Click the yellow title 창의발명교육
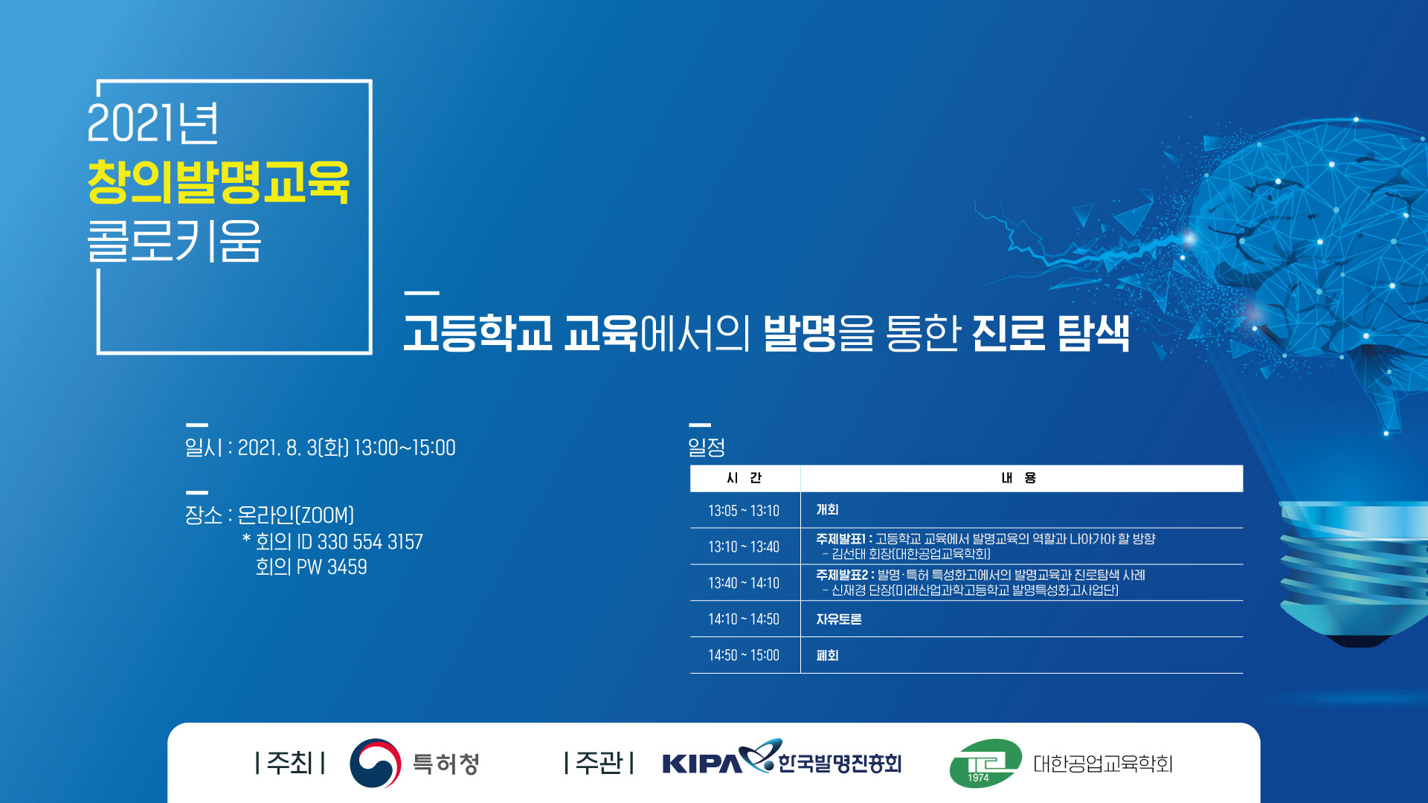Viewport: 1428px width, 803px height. pos(218,181)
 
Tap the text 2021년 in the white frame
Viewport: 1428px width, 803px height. pos(153,123)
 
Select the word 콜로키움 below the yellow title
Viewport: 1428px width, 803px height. pos(174,241)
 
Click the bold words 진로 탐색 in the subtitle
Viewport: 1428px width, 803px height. pos(1051,332)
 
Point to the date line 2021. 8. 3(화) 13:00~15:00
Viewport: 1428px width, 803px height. pos(347,448)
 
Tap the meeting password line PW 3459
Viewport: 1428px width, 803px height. pos(332,567)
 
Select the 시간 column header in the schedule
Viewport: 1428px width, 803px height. pos(744,478)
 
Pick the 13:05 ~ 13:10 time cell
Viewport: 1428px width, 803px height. pos(744,511)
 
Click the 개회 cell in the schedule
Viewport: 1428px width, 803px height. pos(827,510)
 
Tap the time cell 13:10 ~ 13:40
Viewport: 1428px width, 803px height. pos(744,546)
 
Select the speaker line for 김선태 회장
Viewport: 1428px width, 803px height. pos(907,554)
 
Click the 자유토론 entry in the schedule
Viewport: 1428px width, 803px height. pos(839,619)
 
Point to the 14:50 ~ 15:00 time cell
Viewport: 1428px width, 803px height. pos(744,655)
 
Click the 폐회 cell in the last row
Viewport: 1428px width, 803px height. pos(827,656)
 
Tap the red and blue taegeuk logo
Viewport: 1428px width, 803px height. pos(376,764)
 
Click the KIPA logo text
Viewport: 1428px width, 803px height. pos(701,764)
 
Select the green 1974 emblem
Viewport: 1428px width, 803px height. pos(985,764)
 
